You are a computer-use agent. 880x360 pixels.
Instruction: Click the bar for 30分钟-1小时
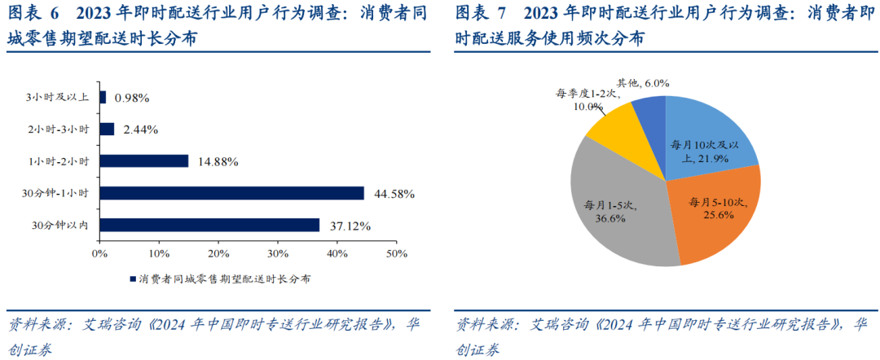tap(231, 193)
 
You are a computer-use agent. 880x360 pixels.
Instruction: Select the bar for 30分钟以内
tap(209, 225)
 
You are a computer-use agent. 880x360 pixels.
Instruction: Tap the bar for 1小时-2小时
tap(143, 161)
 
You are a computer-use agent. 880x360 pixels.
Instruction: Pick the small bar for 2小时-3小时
tap(107, 129)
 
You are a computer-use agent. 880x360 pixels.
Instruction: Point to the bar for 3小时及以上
tap(103, 97)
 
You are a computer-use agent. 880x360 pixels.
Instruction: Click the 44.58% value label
tap(394, 194)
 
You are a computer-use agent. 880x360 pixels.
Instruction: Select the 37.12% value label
tap(350, 226)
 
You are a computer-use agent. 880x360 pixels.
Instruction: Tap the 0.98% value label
tap(132, 98)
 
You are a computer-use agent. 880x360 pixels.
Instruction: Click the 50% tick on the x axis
tap(396, 254)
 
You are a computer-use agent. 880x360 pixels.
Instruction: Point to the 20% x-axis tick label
tap(218, 254)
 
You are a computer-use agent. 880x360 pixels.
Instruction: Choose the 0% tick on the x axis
tap(99, 254)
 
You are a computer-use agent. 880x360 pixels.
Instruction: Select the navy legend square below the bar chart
tap(132, 279)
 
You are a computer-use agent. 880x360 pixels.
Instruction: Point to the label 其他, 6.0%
tap(643, 83)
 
